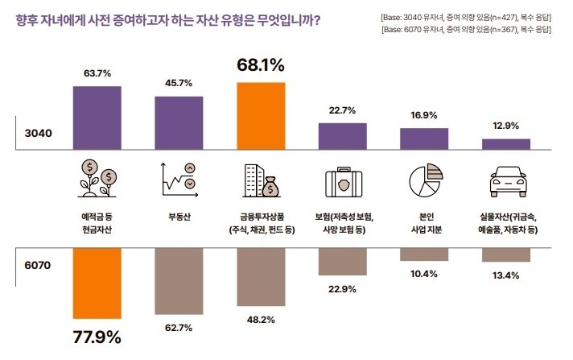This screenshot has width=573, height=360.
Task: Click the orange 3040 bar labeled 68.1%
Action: coord(262,116)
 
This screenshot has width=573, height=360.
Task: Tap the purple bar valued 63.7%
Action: coord(97,118)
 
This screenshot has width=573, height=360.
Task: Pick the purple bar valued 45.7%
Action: coord(179,123)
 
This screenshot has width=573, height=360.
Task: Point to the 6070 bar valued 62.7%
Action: coord(179,278)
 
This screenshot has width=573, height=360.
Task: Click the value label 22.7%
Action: coord(343,111)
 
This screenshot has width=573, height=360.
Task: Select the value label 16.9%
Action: coord(424,115)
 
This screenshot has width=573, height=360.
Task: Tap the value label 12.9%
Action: coord(506,126)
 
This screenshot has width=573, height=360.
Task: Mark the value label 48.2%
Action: coord(262,320)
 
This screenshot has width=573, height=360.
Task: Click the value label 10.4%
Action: coord(424,274)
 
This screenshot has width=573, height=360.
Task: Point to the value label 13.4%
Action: coord(506,275)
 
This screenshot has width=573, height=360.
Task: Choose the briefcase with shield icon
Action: coord(343,183)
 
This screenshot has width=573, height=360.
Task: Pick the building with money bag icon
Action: coord(262,180)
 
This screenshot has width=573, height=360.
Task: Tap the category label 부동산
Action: coord(179,217)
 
